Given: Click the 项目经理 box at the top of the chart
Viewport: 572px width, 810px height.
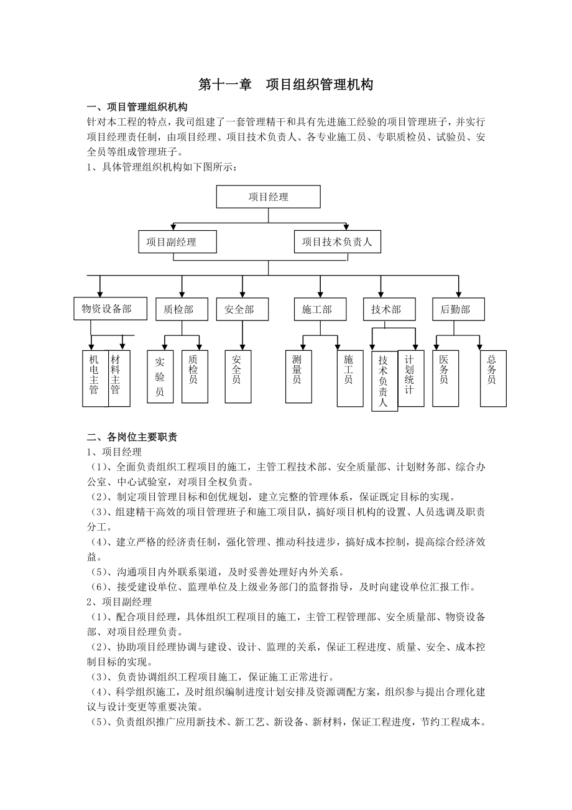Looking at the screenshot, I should [x=269, y=197].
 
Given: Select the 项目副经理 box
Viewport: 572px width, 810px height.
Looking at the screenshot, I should [x=177, y=242].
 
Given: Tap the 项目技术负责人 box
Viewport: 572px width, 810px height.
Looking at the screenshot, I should [x=337, y=242].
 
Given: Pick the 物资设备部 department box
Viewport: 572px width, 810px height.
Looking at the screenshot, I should [x=111, y=309].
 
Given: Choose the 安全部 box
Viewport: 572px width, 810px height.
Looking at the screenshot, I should [x=242, y=309].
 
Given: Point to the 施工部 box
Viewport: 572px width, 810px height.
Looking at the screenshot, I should [x=320, y=309].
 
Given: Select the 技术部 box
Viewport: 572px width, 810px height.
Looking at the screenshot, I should [x=389, y=309].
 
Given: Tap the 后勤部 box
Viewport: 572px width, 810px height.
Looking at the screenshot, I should [x=458, y=309].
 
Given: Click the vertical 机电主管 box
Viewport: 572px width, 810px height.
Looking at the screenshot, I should [x=95, y=378].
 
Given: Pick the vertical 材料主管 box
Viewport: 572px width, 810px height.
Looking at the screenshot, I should [x=118, y=378].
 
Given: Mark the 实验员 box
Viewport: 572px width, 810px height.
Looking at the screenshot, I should [x=160, y=378].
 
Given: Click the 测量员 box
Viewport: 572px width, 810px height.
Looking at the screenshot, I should [x=298, y=377].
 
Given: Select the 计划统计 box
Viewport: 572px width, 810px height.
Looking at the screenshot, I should [x=410, y=377].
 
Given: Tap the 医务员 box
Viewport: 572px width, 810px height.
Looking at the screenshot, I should [x=445, y=377].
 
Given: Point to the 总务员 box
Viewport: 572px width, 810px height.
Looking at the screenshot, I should [x=492, y=377].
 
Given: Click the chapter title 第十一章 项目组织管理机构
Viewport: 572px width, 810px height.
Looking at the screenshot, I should [x=285, y=85].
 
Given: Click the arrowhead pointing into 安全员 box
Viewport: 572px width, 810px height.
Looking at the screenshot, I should [x=242, y=347].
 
